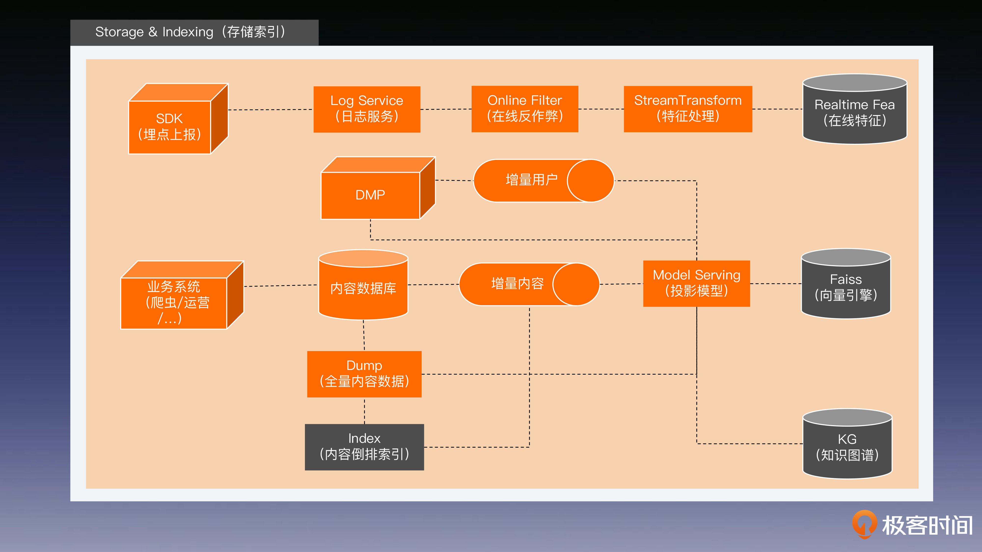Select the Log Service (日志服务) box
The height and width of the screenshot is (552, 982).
367,109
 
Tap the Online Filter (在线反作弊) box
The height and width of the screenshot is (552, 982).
525,109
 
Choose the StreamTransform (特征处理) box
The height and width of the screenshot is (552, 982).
688,109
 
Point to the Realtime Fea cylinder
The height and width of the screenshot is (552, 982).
855,109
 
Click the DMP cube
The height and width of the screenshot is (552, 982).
378,188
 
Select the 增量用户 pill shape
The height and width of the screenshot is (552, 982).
544,181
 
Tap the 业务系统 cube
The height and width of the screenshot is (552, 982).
182,295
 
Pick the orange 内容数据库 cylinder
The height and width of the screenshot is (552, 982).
363,285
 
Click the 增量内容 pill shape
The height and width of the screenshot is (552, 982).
529,284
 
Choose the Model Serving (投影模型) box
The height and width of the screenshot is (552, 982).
696,283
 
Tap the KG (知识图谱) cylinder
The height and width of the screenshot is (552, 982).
847,444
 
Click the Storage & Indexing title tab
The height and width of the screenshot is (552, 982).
194,32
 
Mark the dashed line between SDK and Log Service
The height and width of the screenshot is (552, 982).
271,110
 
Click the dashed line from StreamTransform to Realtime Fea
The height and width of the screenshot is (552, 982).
777,109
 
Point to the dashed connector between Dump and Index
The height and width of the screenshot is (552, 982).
364,411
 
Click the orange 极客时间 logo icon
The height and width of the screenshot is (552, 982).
864,524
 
